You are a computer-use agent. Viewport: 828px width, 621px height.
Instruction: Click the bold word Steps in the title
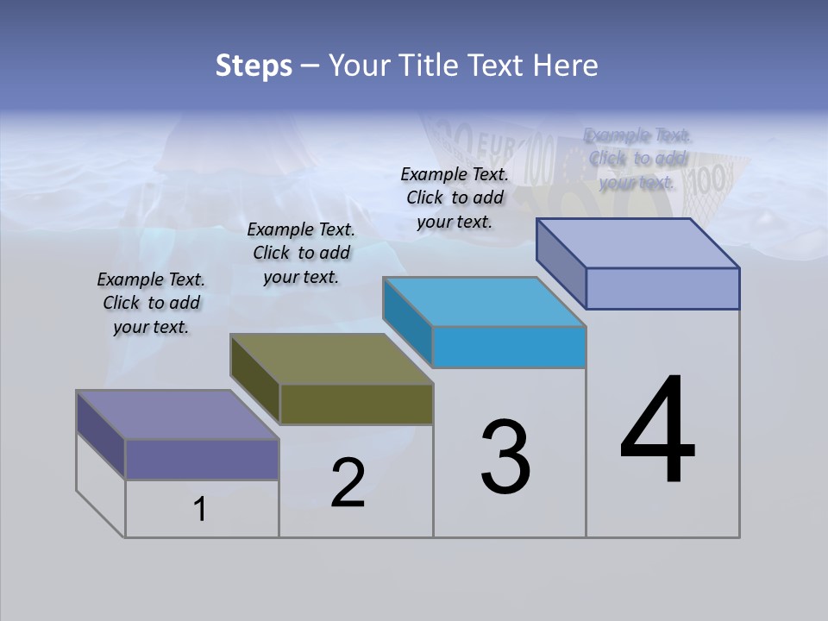click(254, 66)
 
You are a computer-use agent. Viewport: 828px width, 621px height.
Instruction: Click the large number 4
click(657, 431)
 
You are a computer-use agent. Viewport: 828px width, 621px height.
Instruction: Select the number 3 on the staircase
click(505, 457)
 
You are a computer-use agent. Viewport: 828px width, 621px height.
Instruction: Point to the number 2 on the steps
click(348, 483)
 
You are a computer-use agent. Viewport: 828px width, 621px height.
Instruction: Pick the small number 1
click(200, 510)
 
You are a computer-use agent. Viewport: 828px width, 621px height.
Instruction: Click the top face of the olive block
click(332, 359)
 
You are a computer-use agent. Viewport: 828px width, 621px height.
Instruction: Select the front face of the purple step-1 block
click(202, 459)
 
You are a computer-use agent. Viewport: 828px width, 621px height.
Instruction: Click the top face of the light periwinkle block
click(638, 243)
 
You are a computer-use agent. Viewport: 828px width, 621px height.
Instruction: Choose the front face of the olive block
click(356, 404)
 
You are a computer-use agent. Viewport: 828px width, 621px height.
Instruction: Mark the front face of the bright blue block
click(509, 347)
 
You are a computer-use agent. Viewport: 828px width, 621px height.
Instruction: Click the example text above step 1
click(152, 304)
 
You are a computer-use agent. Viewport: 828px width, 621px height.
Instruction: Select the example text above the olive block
click(301, 253)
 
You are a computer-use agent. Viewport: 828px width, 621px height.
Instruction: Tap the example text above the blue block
click(455, 198)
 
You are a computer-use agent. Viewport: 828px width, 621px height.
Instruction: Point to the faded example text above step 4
click(637, 159)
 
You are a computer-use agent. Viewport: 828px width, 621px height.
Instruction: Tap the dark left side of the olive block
click(255, 379)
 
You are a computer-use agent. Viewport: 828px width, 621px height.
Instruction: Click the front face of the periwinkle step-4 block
click(662, 288)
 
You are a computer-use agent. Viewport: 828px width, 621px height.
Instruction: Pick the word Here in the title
click(566, 66)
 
